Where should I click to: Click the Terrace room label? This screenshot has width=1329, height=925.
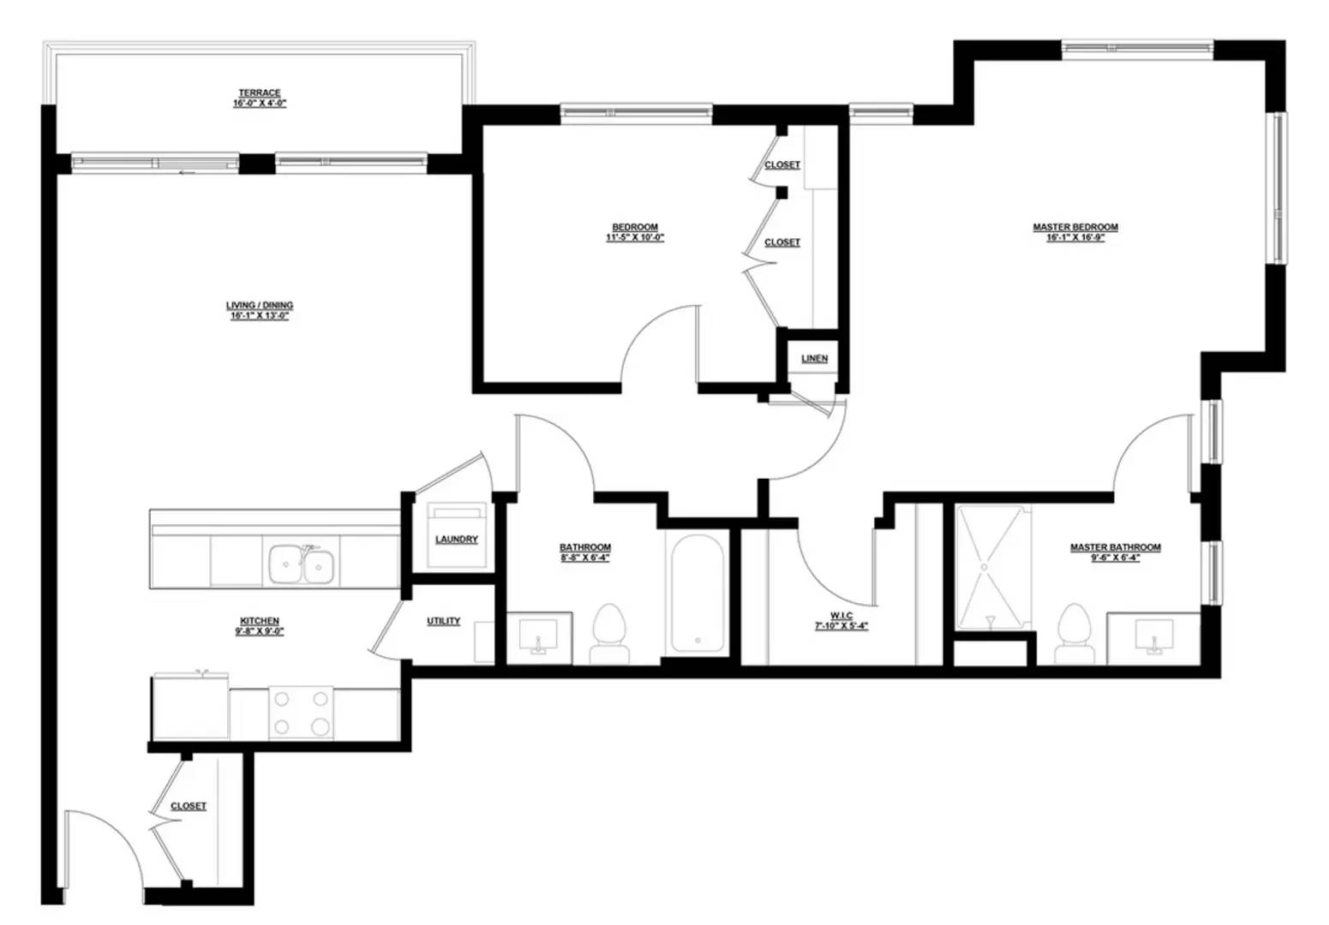click(x=260, y=93)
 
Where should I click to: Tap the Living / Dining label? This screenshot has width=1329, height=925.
click(x=260, y=306)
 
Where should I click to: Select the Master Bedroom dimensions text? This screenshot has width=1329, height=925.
click(x=1075, y=238)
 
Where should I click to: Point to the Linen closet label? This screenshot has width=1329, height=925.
click(x=815, y=359)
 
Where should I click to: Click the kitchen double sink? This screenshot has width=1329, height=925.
click(x=302, y=564)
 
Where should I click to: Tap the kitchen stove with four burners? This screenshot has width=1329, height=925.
click(x=301, y=713)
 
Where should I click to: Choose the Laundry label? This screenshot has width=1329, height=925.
click(x=456, y=540)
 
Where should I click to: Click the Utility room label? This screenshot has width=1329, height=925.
click(x=444, y=621)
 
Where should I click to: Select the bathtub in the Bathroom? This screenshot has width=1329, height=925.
click(x=697, y=593)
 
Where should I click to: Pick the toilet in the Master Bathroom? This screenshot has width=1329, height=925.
click(x=1075, y=634)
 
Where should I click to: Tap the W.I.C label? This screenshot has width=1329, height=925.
click(x=841, y=616)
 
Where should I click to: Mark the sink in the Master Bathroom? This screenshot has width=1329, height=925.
click(x=1154, y=637)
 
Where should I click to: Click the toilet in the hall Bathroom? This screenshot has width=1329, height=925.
click(x=610, y=634)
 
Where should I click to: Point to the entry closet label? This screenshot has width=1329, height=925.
click(x=189, y=807)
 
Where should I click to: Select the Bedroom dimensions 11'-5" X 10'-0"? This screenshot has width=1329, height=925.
click(x=635, y=238)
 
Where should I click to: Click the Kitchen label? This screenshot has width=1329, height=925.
click(x=260, y=621)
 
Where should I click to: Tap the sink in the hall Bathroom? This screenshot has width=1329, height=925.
click(x=539, y=637)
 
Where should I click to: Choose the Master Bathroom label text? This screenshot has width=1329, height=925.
click(x=1116, y=547)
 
